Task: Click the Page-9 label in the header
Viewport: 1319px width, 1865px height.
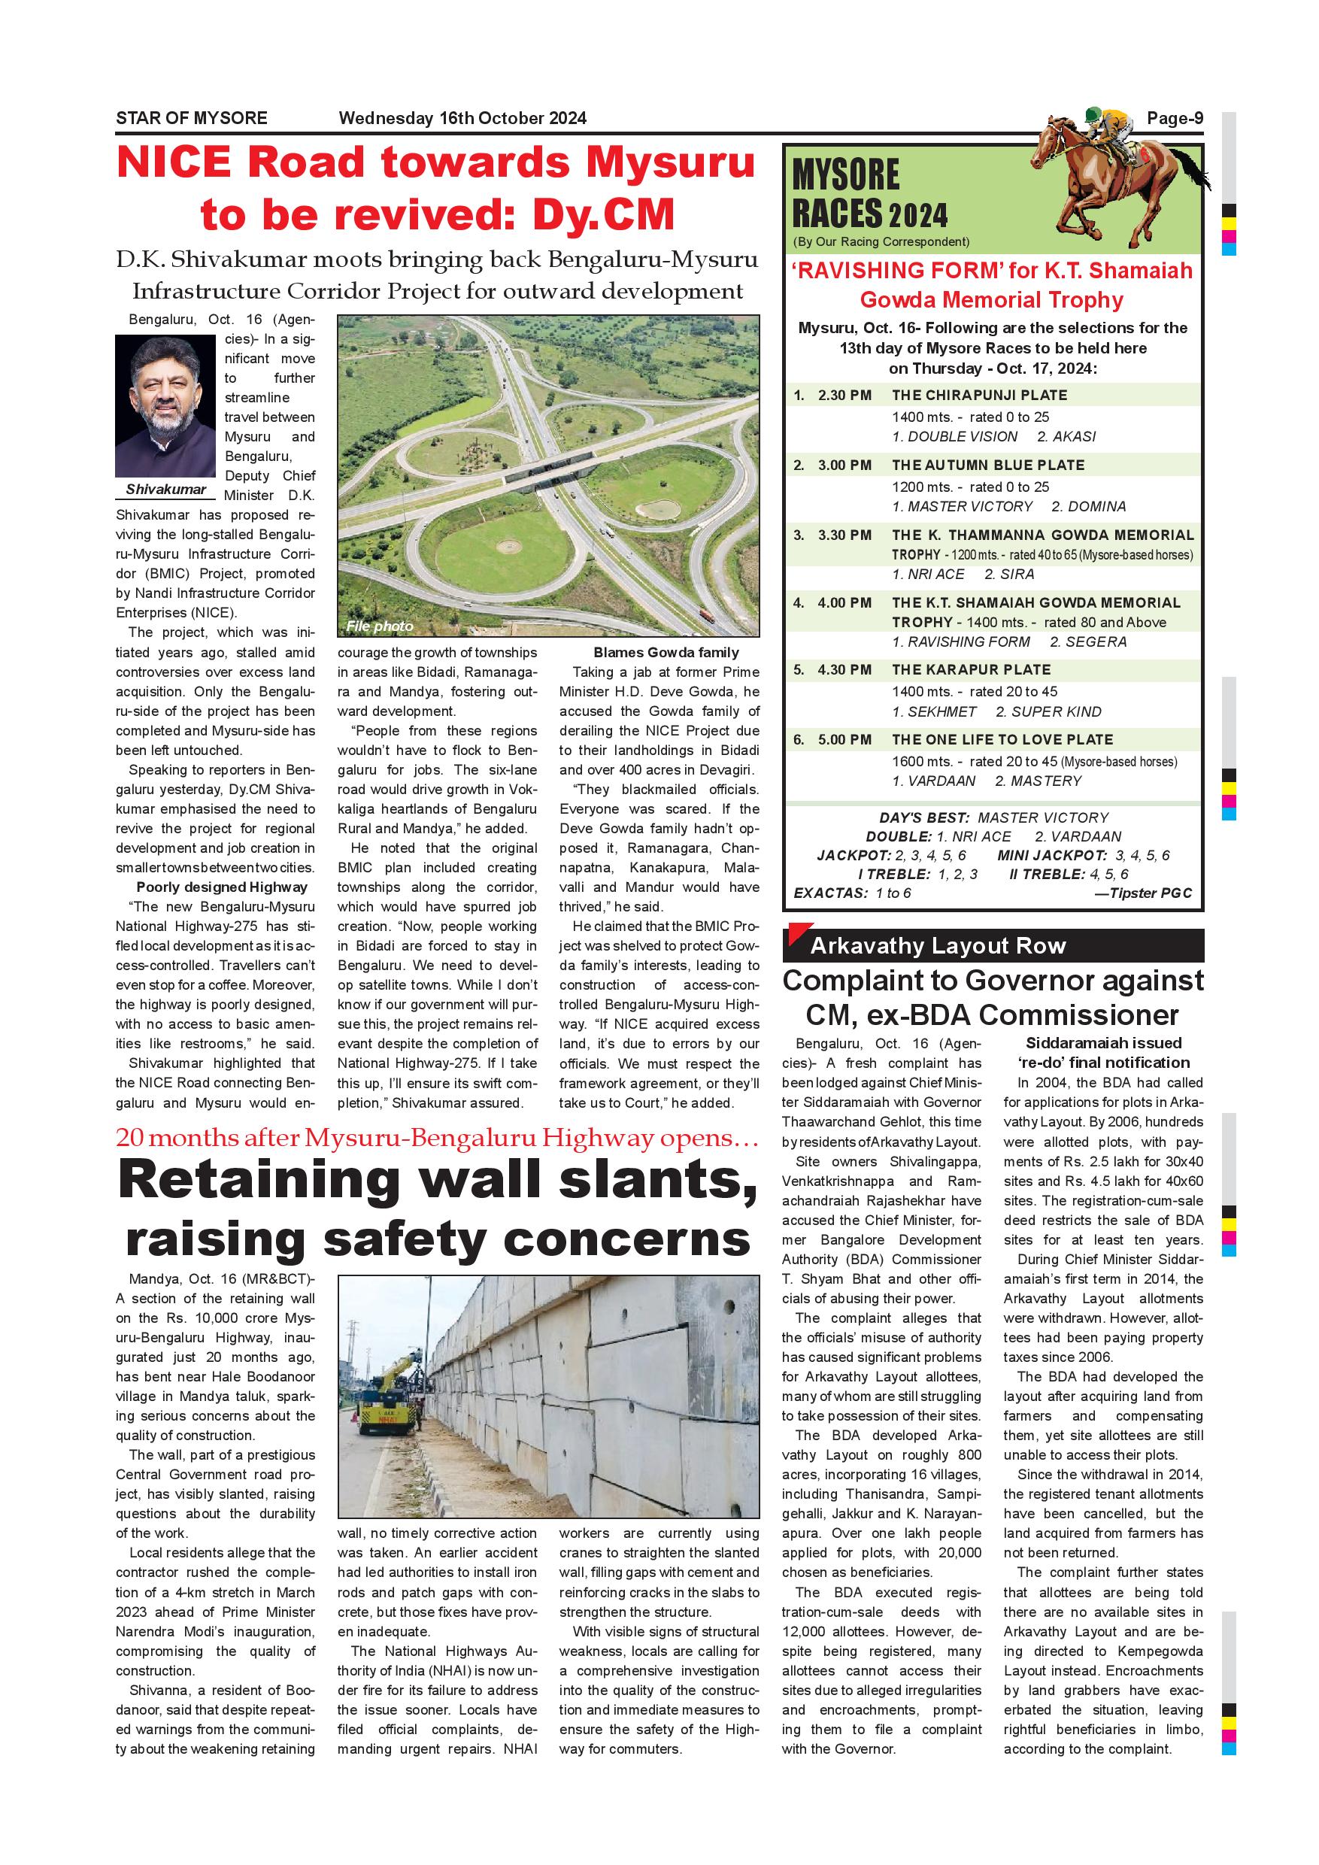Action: (x=1175, y=119)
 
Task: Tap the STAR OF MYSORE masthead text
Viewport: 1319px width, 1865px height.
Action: (x=192, y=119)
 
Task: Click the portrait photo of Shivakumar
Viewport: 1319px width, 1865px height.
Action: (x=165, y=406)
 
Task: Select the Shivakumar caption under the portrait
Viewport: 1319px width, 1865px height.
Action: (x=165, y=490)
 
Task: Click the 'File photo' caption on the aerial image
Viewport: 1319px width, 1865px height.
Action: (x=378, y=626)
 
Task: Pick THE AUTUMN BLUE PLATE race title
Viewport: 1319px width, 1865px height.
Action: (x=987, y=465)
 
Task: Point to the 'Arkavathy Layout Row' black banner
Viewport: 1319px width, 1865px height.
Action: (x=993, y=946)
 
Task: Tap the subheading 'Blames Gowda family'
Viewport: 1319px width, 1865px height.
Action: (x=666, y=652)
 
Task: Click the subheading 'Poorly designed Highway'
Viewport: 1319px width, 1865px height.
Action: (x=222, y=887)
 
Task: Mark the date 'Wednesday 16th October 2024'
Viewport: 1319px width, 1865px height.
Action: (x=462, y=119)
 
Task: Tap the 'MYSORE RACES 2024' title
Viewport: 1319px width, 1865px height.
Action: (x=869, y=195)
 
